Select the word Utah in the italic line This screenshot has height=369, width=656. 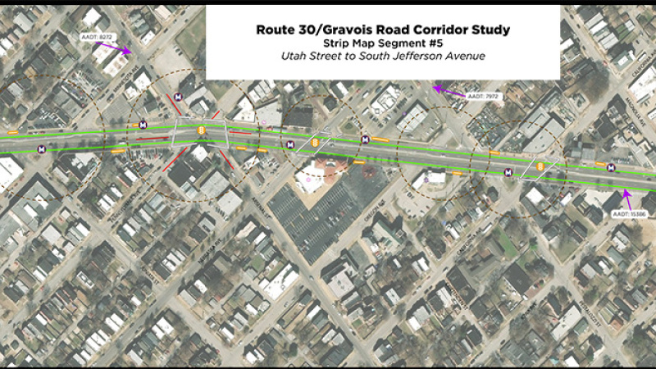(294, 57)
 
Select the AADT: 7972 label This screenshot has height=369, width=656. (482, 97)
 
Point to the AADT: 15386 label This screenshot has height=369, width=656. (630, 214)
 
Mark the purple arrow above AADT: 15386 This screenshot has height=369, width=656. (627, 197)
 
